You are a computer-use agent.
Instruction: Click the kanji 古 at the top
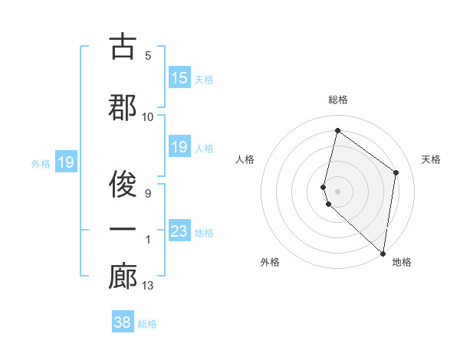[x=123, y=47]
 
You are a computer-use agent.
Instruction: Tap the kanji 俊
[x=123, y=184]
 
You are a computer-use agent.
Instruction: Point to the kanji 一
[x=123, y=231]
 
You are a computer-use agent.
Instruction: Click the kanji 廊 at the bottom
[x=123, y=277]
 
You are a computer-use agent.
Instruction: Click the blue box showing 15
[x=179, y=78]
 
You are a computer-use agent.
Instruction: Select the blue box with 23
[x=179, y=231]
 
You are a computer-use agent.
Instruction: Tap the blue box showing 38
[x=123, y=322]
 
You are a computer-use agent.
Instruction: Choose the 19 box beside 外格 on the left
[x=65, y=162]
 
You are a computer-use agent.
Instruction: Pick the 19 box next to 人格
[x=179, y=147]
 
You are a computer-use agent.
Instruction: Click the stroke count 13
[x=148, y=286]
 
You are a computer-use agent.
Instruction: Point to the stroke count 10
[x=148, y=116]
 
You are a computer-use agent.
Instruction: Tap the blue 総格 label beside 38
[x=148, y=323]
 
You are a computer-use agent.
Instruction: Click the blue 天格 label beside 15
[x=204, y=79]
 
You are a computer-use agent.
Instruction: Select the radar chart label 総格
[x=338, y=100]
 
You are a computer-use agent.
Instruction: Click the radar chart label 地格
[x=402, y=262]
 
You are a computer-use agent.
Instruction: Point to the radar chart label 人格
[x=245, y=159]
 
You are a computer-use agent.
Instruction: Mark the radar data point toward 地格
[x=383, y=253]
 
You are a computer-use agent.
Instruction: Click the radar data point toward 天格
[x=396, y=172]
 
